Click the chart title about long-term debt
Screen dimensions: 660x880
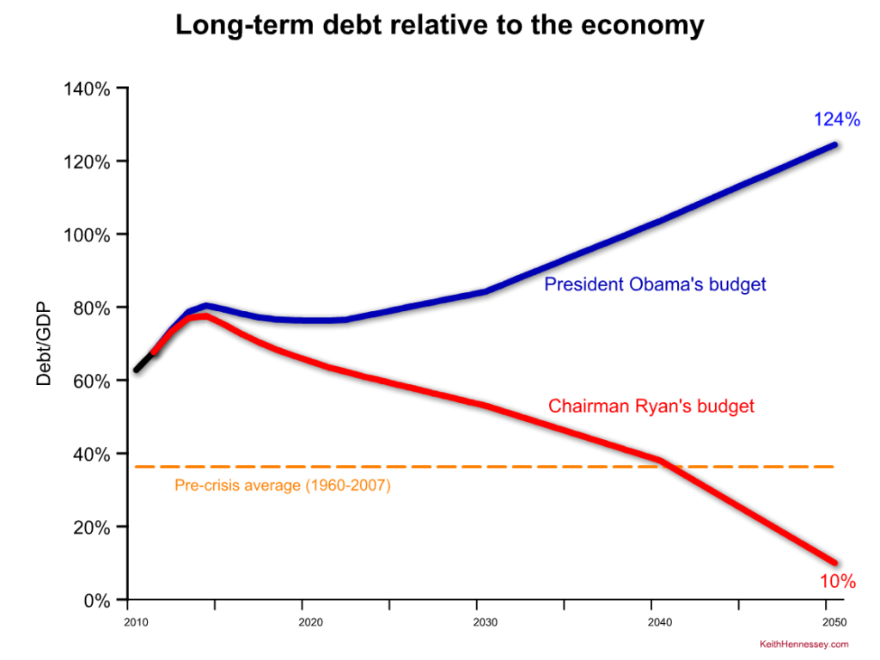439,26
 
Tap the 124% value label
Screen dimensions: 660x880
836,119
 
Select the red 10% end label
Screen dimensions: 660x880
838,582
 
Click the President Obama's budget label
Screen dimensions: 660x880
655,284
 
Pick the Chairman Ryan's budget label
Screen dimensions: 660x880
651,406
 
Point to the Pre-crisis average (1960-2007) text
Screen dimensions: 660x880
283,486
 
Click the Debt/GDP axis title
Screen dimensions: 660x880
45,344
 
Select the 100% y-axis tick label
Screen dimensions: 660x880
88,235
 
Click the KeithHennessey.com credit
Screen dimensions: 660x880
804,644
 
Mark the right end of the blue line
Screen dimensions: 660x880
833,145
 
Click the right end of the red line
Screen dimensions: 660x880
833,562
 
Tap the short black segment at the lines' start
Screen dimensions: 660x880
144,362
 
